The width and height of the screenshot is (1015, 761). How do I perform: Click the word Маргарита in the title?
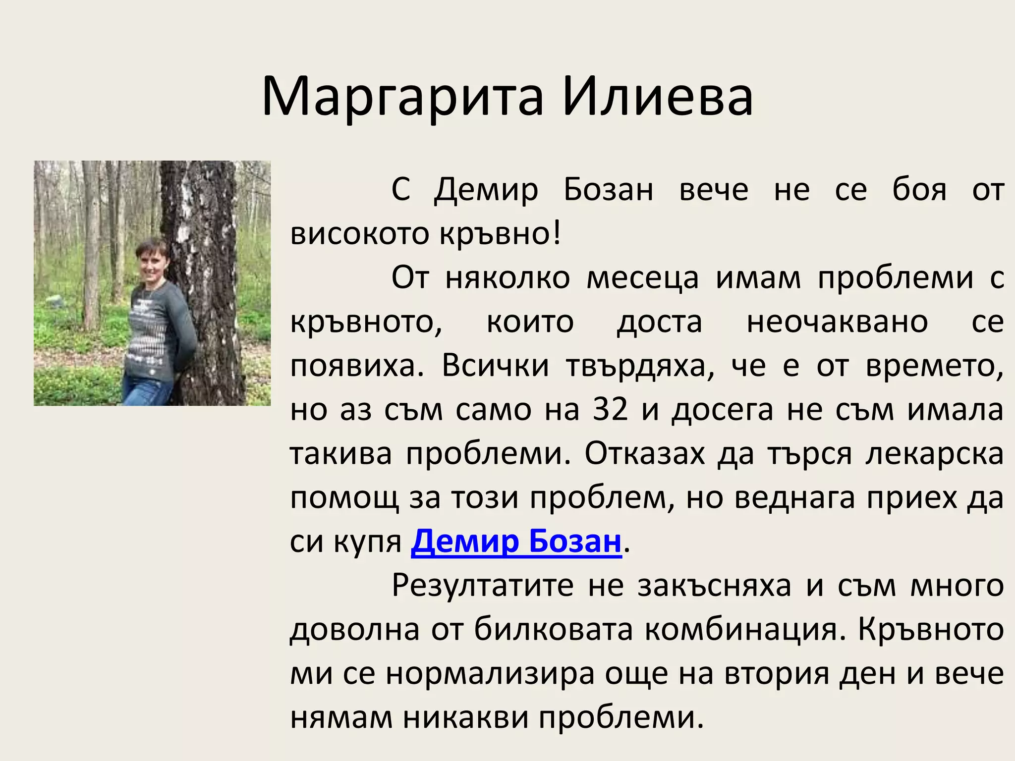tap(402, 98)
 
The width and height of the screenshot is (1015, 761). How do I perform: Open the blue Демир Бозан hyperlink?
tap(516, 542)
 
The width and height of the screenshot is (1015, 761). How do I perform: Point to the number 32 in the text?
tap(610, 410)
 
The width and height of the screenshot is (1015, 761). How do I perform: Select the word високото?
tap(359, 234)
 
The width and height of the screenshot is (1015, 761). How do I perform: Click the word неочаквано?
tap(837, 323)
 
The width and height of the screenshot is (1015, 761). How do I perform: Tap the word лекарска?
tap(935, 454)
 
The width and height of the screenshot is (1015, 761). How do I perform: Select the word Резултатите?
tap(483, 586)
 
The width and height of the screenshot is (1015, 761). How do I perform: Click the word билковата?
tap(553, 630)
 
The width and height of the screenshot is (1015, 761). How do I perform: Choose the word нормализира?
tap(490, 674)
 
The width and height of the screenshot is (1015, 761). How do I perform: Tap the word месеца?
tap(642, 278)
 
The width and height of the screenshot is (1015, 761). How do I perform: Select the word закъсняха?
tap(714, 586)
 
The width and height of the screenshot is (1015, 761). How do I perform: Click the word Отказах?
tap(644, 454)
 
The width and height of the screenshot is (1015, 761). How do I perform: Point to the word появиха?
tap(357, 367)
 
